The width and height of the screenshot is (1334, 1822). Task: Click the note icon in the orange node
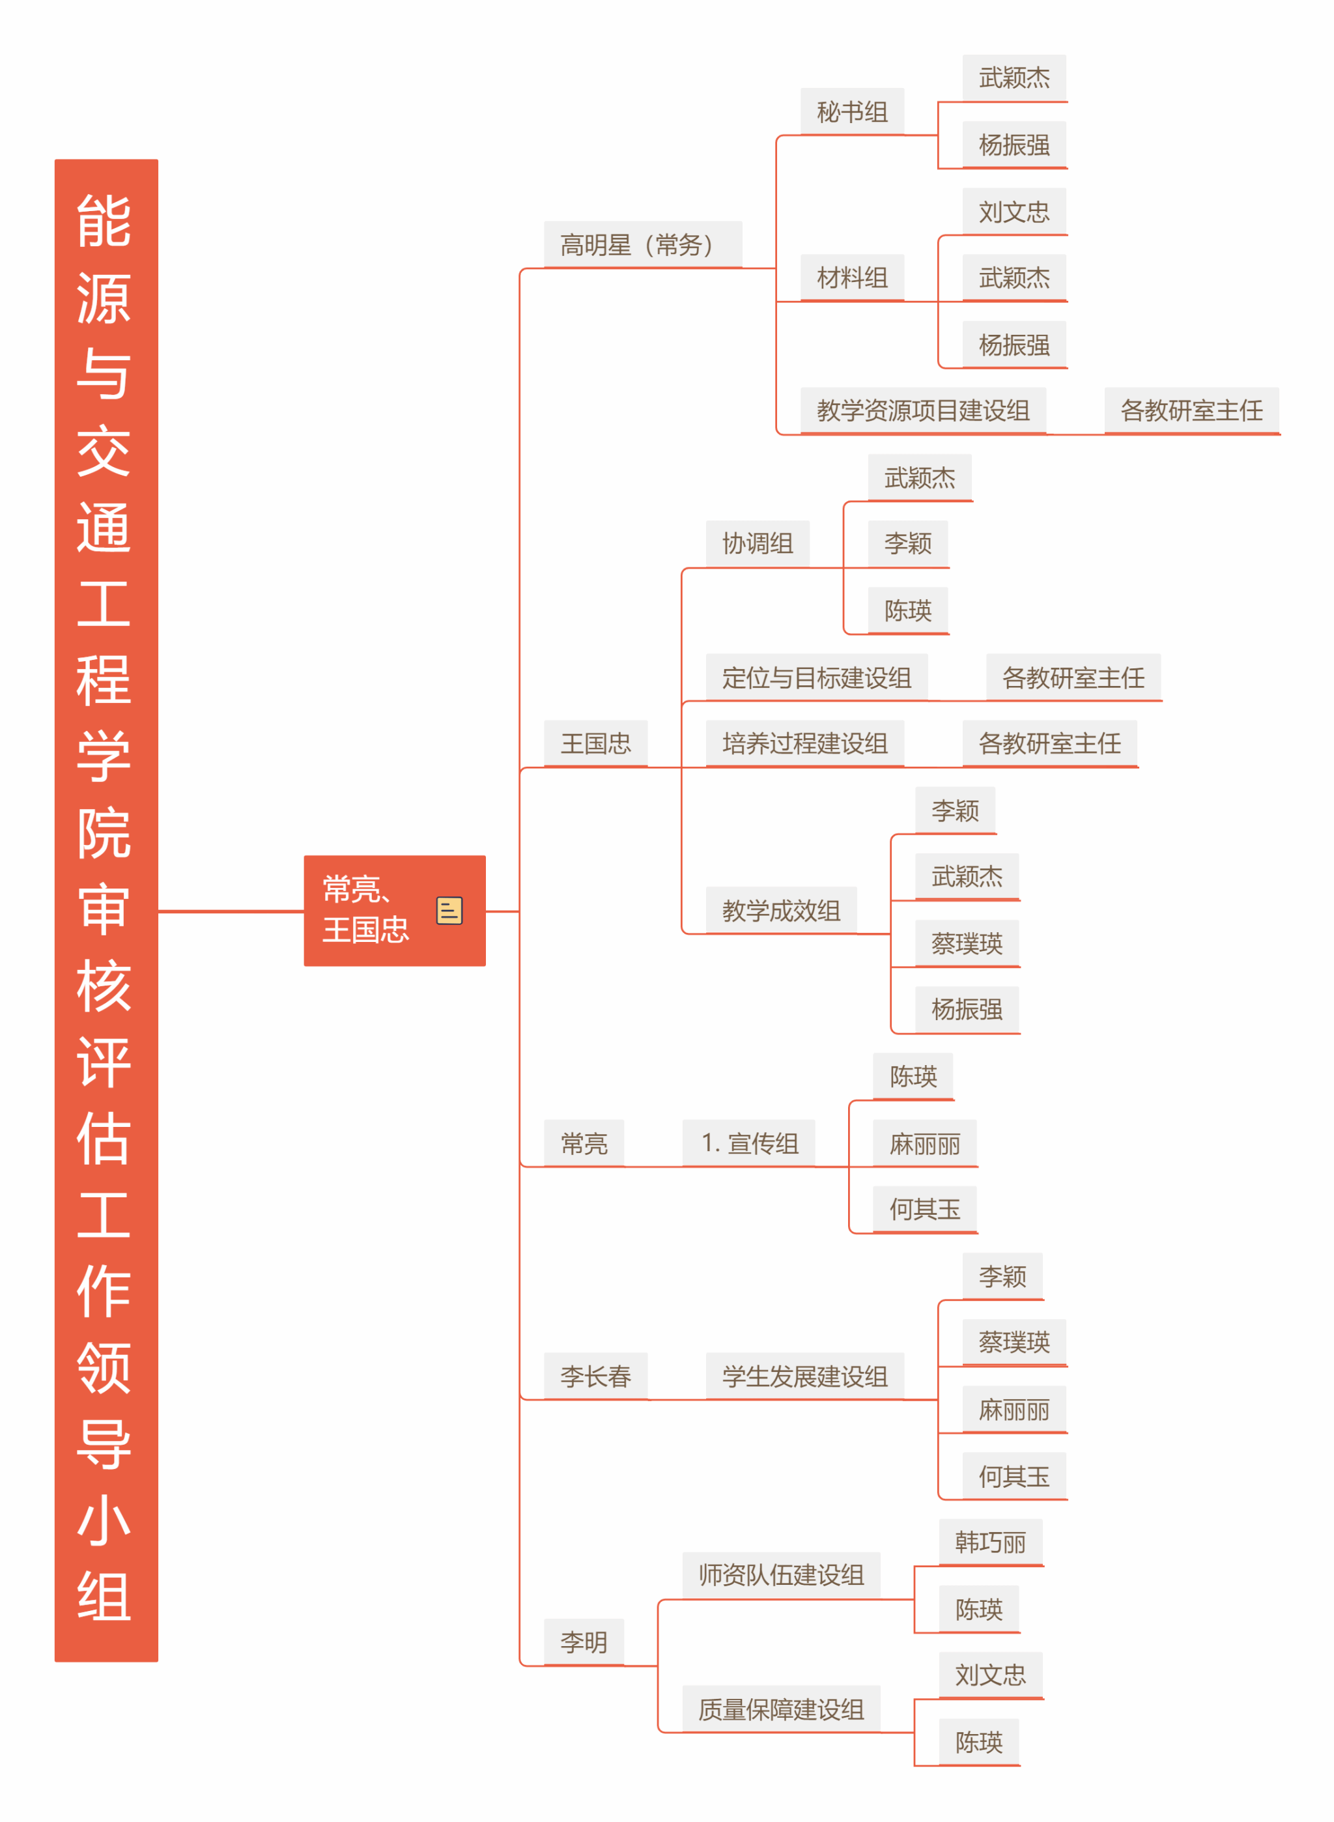point(449,910)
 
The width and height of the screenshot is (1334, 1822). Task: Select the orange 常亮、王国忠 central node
point(394,910)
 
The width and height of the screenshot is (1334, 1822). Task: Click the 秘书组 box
point(852,111)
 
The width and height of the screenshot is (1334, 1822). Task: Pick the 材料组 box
point(852,278)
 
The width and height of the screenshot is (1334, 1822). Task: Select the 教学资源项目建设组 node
point(923,410)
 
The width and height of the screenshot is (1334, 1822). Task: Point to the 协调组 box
point(758,543)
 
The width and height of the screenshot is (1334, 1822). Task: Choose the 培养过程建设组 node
point(805,743)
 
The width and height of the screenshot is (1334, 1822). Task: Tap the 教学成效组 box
point(781,910)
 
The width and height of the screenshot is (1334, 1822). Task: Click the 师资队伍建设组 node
point(781,1575)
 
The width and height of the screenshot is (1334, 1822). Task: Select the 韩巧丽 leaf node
point(990,1542)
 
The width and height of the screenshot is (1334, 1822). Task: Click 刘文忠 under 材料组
point(1014,212)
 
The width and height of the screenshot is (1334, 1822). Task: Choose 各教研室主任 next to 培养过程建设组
point(1050,743)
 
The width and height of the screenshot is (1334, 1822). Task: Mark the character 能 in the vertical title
point(104,220)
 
